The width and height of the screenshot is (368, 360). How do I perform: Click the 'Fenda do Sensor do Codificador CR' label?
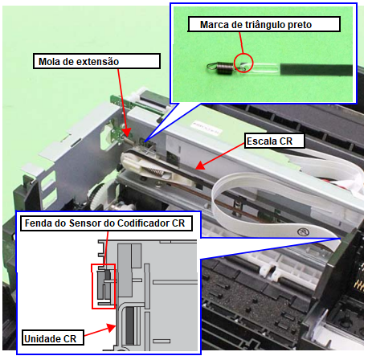[106, 223]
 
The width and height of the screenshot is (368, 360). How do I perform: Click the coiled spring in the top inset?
[224, 67]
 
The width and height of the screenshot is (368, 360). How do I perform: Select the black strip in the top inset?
[317, 70]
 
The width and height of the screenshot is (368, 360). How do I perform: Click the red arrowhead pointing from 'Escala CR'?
[201, 166]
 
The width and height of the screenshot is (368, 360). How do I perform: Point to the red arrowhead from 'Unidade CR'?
[112, 328]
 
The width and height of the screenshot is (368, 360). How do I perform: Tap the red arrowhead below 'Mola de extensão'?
[127, 133]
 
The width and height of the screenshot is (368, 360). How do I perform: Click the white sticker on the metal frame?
[206, 128]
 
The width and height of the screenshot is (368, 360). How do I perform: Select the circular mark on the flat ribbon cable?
[304, 231]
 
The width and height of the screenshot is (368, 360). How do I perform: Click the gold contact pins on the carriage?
[360, 279]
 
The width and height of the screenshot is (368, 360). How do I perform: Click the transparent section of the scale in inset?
[264, 68]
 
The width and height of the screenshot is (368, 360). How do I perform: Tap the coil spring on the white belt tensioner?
[155, 171]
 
